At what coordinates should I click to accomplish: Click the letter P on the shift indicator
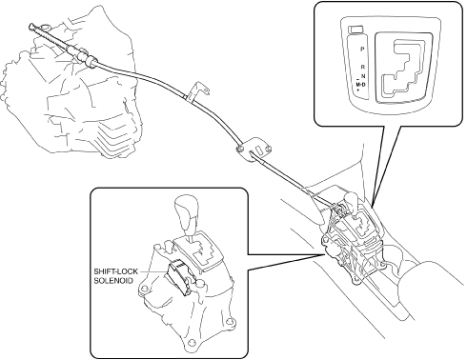click(362, 50)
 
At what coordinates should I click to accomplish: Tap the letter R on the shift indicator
click(363, 67)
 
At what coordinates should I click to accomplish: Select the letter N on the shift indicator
click(363, 76)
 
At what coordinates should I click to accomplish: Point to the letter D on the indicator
click(364, 84)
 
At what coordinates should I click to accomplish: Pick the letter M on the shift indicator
click(358, 85)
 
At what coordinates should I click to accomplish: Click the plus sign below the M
click(358, 90)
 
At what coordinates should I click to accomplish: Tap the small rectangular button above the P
click(356, 30)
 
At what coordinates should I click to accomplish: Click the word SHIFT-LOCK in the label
click(115, 271)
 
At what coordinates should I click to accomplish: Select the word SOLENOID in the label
click(113, 281)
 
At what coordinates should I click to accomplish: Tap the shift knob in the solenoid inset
click(187, 211)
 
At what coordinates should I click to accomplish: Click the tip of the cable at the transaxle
click(31, 26)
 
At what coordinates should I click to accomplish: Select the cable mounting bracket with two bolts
click(254, 149)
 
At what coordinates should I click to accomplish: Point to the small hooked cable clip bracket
click(197, 91)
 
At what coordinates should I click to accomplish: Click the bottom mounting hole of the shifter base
click(191, 343)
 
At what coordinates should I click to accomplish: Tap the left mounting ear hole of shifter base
click(144, 289)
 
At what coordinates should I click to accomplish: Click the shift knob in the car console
click(352, 199)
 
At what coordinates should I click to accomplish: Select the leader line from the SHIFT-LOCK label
click(153, 272)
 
